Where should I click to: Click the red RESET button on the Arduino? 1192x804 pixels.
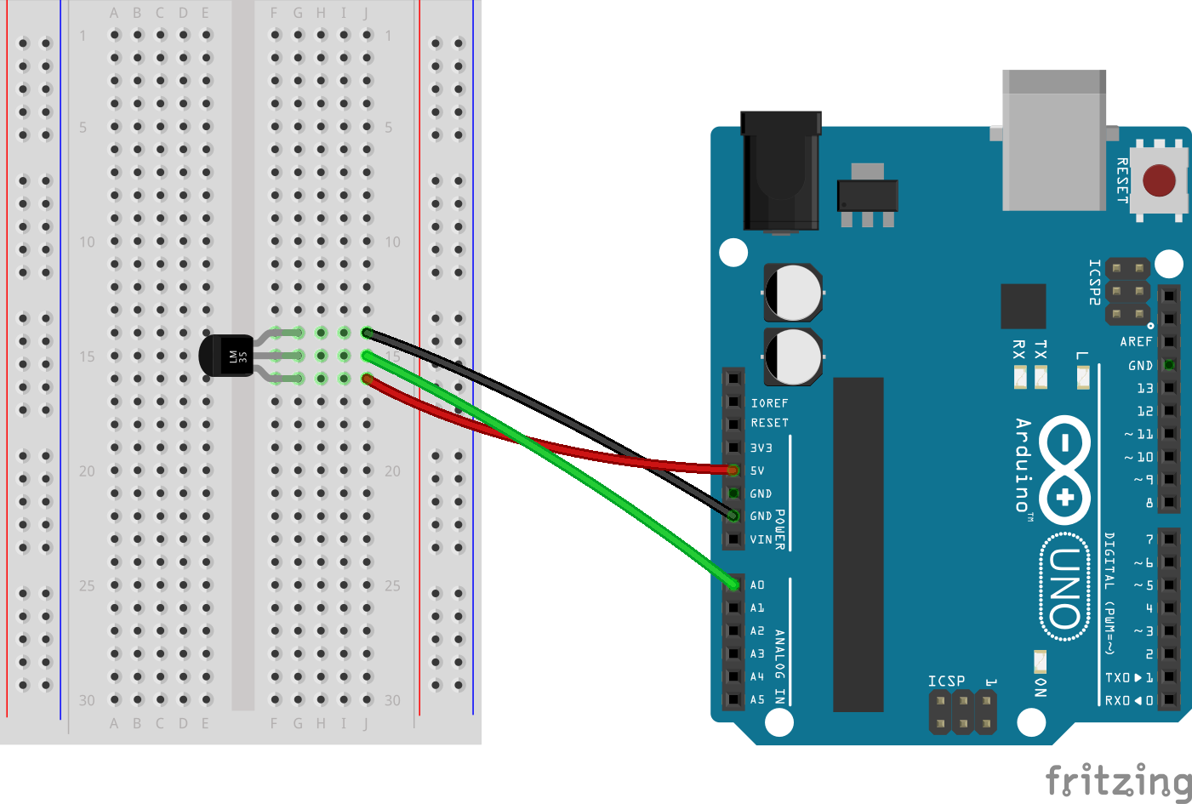point(1159,180)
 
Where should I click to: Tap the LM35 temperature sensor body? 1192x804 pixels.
point(226,356)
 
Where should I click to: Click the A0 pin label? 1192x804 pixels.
point(757,585)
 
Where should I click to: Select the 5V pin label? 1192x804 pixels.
point(757,470)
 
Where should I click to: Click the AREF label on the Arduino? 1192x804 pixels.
point(1136,342)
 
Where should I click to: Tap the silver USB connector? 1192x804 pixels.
point(1054,140)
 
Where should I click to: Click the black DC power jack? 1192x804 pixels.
point(781,170)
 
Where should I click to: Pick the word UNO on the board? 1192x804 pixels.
point(1065,588)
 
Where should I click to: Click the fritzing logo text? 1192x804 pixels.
point(1118,781)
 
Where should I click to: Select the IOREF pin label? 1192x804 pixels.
point(769,403)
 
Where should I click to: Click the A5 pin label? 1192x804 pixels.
point(757,700)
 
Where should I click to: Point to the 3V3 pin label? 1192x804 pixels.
point(761,448)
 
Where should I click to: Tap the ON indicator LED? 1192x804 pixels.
point(1040,660)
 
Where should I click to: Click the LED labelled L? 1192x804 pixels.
point(1083,377)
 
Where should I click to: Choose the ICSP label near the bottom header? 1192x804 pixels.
point(946,681)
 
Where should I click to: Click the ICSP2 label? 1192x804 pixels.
point(1095,282)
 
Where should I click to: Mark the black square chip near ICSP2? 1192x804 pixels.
point(1023,306)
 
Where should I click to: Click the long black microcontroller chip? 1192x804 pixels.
point(858,545)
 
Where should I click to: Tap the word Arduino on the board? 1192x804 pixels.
point(1024,464)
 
